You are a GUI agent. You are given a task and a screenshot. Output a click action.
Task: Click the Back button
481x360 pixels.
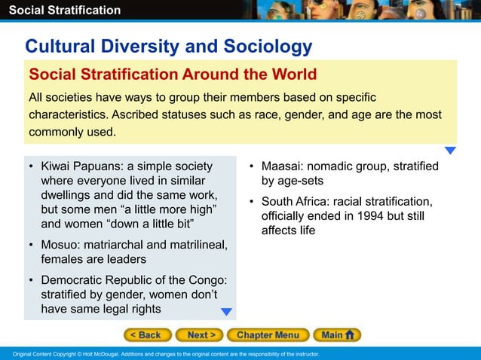[147, 335]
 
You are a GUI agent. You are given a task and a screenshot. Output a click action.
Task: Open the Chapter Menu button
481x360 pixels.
[268, 335]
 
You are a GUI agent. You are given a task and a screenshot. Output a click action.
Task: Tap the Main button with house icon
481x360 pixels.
[337, 335]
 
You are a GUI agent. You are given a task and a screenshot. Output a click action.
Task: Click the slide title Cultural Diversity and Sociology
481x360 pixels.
[169, 47]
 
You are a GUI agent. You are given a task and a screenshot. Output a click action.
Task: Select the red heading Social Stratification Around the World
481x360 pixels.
[173, 75]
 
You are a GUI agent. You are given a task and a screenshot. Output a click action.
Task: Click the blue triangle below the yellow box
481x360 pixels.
[450, 151]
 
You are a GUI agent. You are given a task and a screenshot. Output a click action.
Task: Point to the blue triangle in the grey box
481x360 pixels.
[226, 312]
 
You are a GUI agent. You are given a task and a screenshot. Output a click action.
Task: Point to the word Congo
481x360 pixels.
[206, 280]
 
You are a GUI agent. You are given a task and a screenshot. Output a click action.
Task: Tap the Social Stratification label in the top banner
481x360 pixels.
[60, 10]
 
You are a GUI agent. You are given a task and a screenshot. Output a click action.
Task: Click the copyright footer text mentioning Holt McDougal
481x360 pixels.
[161, 354]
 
